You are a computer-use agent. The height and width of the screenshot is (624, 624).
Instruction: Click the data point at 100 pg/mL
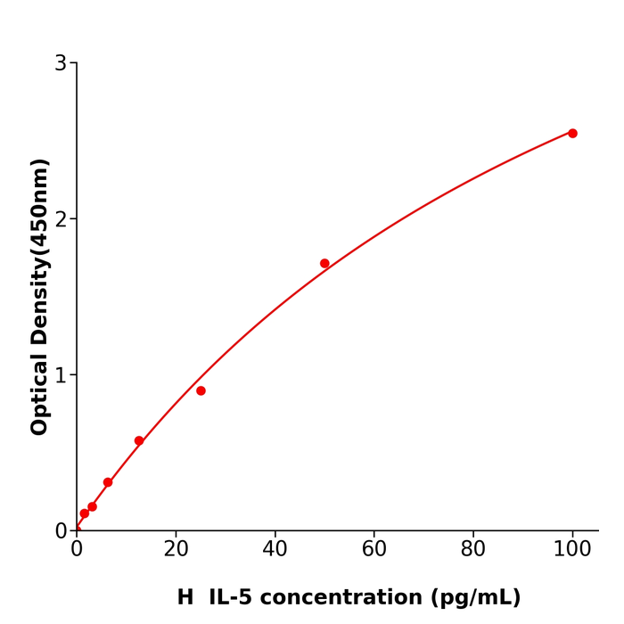tap(572, 133)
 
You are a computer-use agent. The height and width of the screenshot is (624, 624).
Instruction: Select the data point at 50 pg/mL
tap(324, 263)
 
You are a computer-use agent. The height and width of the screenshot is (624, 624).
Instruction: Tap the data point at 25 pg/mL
tap(201, 390)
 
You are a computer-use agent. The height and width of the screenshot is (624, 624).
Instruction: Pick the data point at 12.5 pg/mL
tap(139, 440)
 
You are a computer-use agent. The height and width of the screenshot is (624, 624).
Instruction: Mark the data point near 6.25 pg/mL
tap(108, 482)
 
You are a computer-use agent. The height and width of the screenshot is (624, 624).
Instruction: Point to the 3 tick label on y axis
tap(61, 63)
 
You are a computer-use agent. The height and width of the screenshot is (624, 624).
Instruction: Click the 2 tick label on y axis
tap(61, 219)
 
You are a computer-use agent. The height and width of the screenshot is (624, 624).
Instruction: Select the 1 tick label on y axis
tap(61, 375)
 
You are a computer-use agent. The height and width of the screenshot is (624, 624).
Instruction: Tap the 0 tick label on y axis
tap(61, 531)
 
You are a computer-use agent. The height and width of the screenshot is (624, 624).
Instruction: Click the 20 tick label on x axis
tap(176, 550)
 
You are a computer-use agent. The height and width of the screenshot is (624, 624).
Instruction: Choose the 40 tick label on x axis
tap(275, 550)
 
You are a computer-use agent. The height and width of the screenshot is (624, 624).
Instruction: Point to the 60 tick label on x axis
tap(374, 550)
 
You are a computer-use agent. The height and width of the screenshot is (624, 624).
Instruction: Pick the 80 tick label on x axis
tap(473, 550)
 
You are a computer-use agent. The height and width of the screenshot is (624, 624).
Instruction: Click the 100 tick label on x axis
tap(572, 550)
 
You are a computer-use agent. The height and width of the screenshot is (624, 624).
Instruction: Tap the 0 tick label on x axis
tap(77, 550)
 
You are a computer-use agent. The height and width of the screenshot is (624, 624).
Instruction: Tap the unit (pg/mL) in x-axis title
tap(478, 597)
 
